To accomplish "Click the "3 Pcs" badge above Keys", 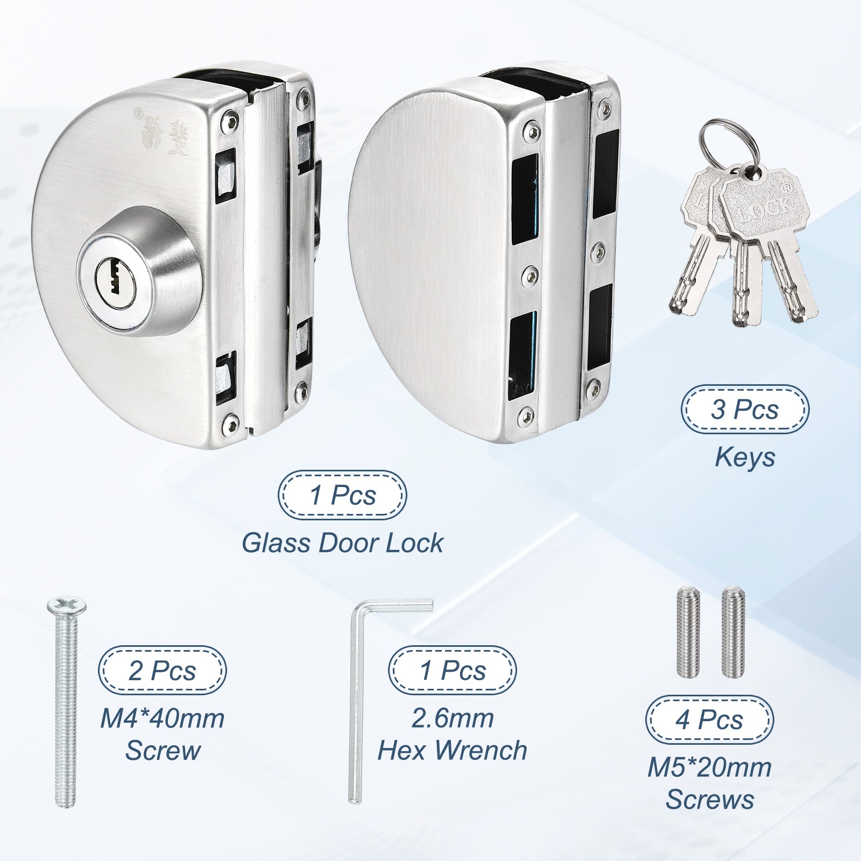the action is pos(745,410).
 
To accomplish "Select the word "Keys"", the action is pos(745,457).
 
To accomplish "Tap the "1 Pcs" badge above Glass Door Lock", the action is pos(342,495).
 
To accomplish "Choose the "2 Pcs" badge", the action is pos(162,671).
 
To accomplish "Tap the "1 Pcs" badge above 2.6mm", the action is pos(453,671).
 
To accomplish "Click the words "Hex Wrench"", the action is pos(452,750).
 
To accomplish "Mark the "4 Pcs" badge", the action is pos(709,719).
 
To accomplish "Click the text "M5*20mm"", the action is pos(709,768).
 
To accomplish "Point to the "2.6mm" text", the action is pos(452,718).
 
